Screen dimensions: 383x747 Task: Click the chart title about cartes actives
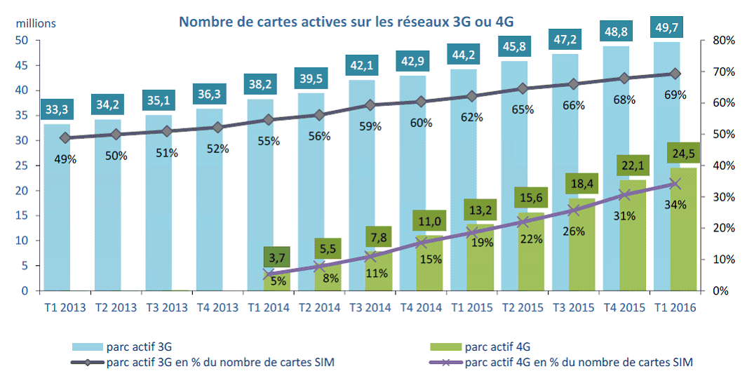[x=346, y=21]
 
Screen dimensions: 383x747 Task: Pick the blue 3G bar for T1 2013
[x=58, y=210]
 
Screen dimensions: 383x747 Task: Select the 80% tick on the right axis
[x=722, y=41]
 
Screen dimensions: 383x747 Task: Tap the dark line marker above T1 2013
[x=65, y=137]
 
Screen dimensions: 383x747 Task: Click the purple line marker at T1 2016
[x=675, y=184]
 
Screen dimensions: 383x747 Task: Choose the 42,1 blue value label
[x=363, y=65]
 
